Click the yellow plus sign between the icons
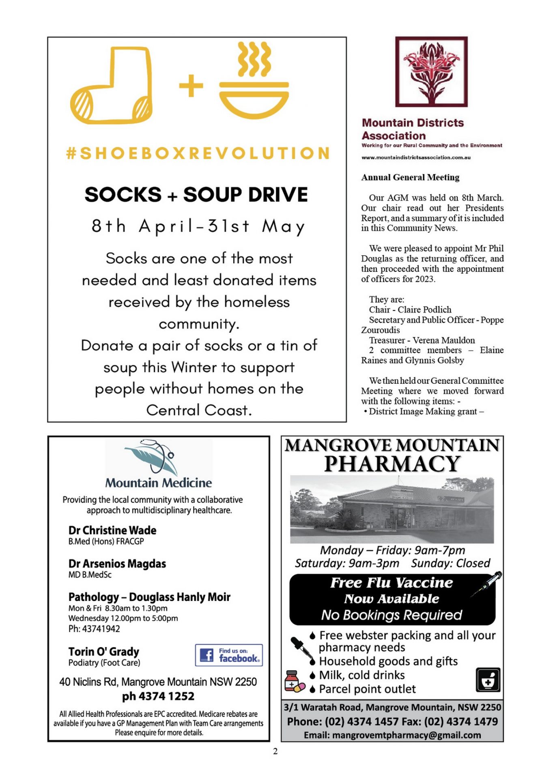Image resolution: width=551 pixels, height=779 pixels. tap(191, 86)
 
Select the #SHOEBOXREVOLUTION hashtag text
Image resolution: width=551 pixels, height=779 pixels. tap(198, 154)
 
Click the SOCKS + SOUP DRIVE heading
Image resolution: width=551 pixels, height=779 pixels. tap(196, 195)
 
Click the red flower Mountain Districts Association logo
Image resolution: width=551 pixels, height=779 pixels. tap(431, 72)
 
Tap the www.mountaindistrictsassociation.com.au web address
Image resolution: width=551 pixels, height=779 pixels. tap(416, 157)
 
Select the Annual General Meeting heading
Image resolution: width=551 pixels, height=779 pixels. tap(410, 177)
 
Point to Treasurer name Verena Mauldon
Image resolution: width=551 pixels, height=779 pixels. tap(443, 340)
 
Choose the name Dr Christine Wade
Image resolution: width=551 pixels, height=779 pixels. tap(112, 530)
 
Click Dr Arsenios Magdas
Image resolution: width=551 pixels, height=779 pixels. tap(117, 564)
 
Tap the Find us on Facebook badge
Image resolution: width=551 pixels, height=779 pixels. tap(229, 655)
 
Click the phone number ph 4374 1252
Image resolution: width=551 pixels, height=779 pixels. tap(158, 696)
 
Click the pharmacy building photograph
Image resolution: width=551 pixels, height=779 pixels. tap(392, 510)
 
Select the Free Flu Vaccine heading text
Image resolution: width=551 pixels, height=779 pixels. tap(391, 583)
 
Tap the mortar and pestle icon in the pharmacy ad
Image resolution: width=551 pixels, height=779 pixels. tap(488, 680)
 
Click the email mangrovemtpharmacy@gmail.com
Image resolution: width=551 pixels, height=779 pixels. tap(392, 735)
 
